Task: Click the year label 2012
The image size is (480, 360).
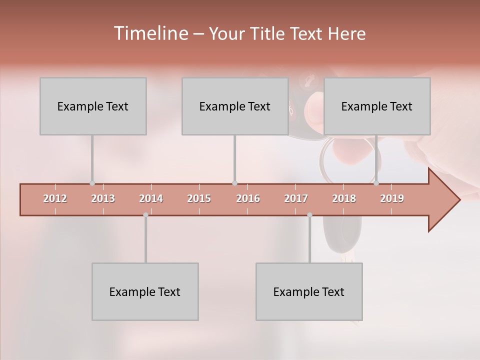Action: [55, 198]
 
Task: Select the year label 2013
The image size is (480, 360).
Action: [103, 198]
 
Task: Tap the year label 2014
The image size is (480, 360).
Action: [151, 198]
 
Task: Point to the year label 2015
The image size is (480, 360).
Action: [199, 198]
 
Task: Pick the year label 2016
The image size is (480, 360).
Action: [248, 198]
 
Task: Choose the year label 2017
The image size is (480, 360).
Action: [296, 198]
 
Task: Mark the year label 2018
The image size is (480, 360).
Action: [344, 198]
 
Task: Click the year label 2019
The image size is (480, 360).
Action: [392, 198]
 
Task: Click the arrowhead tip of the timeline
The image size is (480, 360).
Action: [459, 200]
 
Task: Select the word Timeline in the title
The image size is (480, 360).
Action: [150, 33]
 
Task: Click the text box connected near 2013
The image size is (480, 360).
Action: [93, 106]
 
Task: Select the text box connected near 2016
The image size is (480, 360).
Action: [235, 106]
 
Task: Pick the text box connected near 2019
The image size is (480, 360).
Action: [377, 106]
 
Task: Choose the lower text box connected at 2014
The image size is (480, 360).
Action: [145, 291]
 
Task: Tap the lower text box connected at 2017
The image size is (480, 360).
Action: [309, 291]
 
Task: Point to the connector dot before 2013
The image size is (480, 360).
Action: [92, 183]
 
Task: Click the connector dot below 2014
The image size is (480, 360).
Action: [145, 214]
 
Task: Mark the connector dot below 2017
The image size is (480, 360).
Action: [309, 214]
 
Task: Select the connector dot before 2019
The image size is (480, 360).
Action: [376, 183]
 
